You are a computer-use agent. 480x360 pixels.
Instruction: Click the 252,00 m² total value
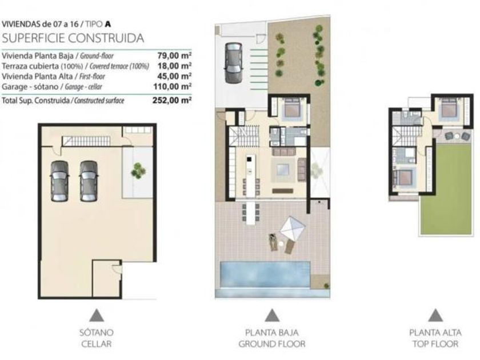[x=172, y=101]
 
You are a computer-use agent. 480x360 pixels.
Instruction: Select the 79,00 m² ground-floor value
[x=174, y=56]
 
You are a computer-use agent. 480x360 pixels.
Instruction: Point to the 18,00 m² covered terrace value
[x=174, y=66]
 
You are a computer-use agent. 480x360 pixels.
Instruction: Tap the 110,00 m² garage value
[x=173, y=86]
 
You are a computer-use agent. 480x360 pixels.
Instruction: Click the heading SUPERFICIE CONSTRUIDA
[x=73, y=38]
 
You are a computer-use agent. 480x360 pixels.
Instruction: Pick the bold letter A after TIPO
[x=107, y=24]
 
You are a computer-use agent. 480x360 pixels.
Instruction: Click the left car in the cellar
[x=59, y=181]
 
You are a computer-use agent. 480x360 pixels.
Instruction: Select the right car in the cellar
[x=89, y=181]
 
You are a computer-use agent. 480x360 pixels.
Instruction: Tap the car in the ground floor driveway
[x=234, y=63]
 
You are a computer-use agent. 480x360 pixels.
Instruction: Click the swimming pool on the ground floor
[x=265, y=275]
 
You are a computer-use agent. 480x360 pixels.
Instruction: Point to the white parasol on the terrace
[x=293, y=229]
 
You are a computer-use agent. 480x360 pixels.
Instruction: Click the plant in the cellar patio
[x=138, y=170]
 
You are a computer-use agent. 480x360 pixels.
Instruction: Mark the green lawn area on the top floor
[x=447, y=189]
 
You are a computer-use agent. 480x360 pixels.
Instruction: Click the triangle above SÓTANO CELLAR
[x=97, y=315]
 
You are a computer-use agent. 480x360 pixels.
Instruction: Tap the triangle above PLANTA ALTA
[x=435, y=315]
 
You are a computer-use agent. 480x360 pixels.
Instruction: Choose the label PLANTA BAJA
[x=272, y=333]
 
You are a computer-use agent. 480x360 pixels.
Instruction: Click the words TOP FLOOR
[x=435, y=344]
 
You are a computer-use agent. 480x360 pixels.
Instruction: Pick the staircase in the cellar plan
[x=86, y=141]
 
